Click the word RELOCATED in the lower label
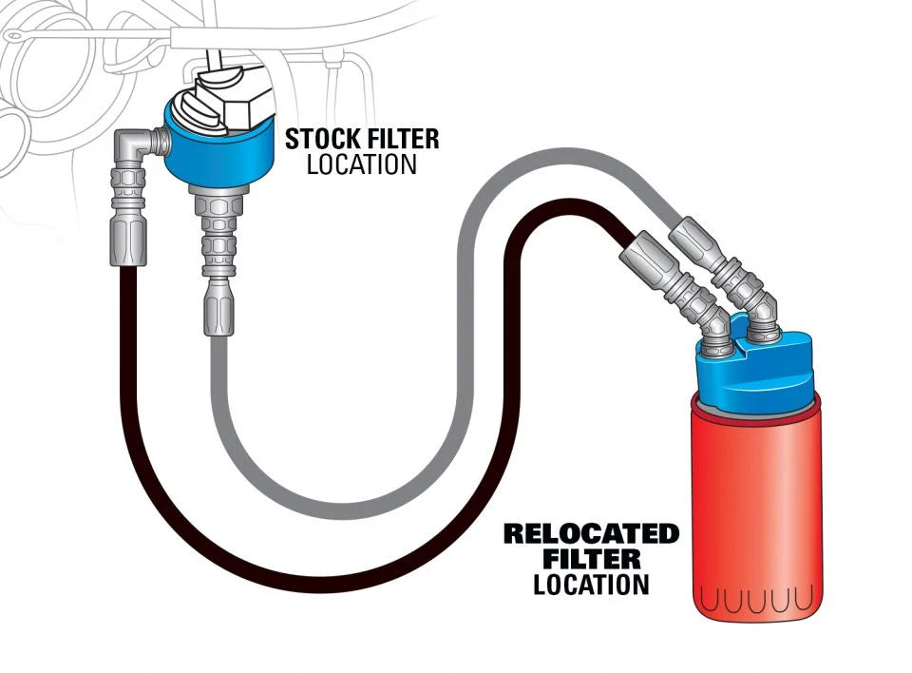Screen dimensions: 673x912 (x=591, y=533)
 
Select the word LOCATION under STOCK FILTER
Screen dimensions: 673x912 (x=361, y=164)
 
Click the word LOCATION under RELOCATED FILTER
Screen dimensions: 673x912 (x=591, y=584)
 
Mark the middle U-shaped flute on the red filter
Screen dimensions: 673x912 (x=754, y=600)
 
